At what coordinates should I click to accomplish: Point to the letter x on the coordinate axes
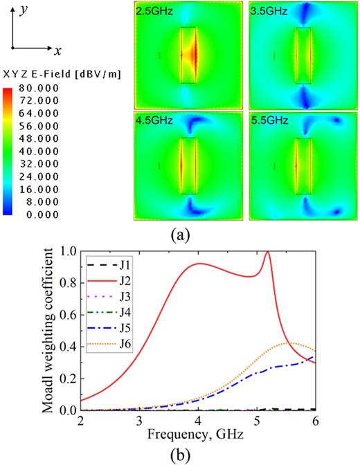click(59, 51)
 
